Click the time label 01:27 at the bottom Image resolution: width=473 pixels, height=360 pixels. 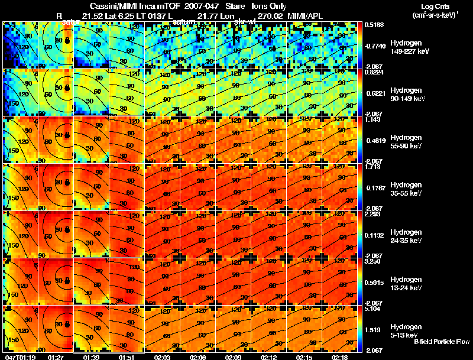(x=56, y=357)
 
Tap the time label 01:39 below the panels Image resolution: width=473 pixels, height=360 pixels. (x=91, y=357)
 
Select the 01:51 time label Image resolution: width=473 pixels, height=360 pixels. (x=127, y=357)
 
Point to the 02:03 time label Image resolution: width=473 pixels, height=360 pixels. (x=162, y=357)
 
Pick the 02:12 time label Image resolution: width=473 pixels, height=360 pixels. (x=268, y=357)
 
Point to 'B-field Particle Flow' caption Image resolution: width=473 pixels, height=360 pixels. (x=441, y=342)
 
